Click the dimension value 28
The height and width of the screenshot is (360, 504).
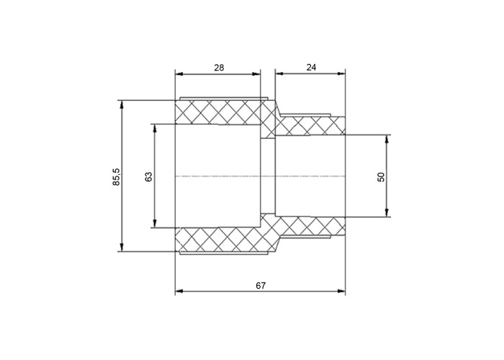[219, 68]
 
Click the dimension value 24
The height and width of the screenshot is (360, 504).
[311, 68]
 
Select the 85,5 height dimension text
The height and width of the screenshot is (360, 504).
[117, 176]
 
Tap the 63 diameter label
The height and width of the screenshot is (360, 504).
[148, 177]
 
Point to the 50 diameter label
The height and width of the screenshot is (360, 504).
[381, 177]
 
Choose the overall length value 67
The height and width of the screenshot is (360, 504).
[261, 285]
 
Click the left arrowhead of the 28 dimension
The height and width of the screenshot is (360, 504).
[179, 74]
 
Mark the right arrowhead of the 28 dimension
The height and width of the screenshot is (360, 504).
[256, 74]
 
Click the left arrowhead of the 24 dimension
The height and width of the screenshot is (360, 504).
[279, 73]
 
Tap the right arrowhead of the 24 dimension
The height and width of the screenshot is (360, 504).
[341, 73]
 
